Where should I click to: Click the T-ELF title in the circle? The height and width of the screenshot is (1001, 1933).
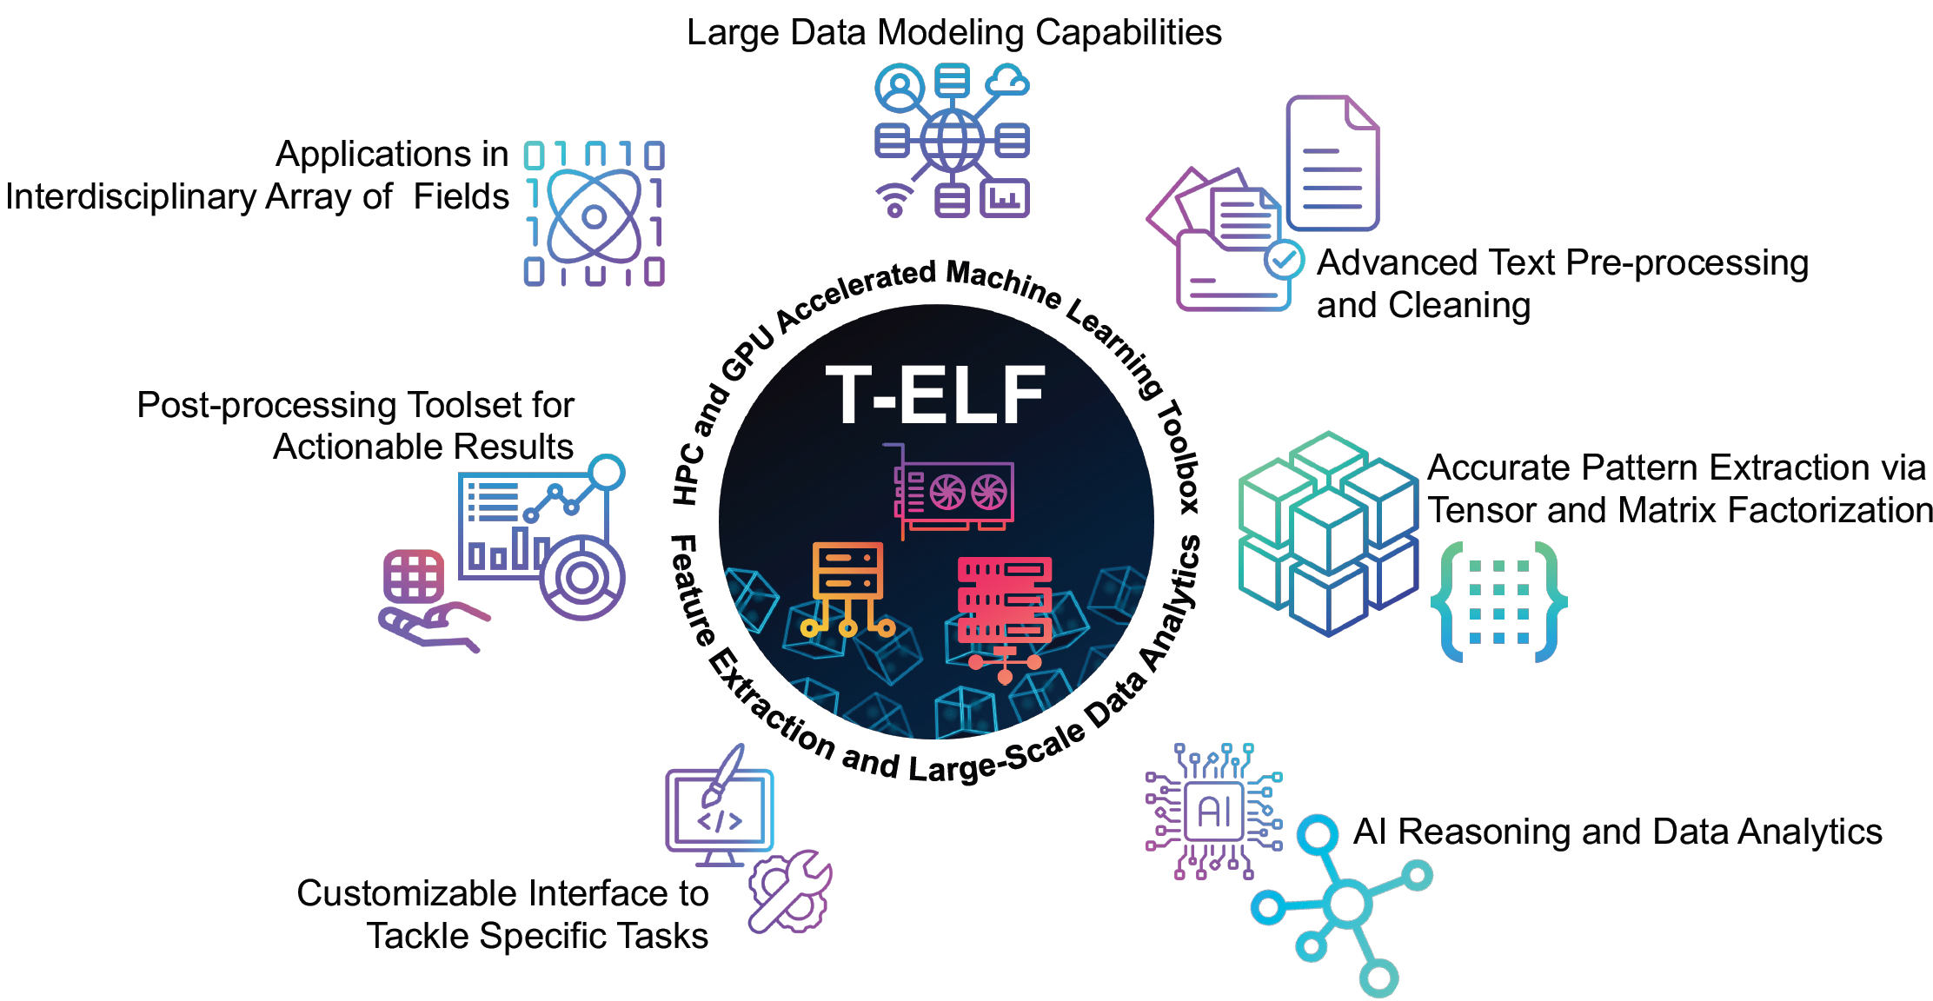[935, 395]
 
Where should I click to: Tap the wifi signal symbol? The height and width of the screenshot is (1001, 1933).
[894, 201]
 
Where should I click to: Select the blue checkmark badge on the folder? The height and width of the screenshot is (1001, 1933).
[1284, 259]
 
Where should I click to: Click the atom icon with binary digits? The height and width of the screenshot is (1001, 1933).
[595, 214]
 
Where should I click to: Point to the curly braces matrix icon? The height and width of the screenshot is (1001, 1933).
[1498, 601]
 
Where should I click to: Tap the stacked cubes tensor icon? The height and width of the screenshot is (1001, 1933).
[1328, 533]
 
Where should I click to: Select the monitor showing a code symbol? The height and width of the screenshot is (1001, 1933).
[720, 815]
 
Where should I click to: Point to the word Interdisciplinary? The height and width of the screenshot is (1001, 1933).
[130, 197]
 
